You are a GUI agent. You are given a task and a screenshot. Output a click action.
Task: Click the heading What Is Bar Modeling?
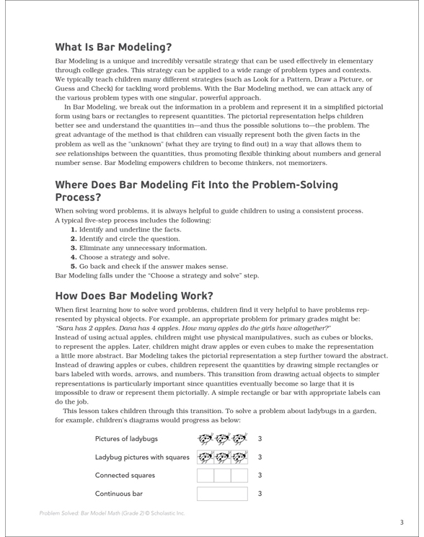113,48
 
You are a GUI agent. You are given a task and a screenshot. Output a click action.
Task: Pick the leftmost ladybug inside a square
205,457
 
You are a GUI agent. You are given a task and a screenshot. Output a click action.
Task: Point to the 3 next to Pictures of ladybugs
259,439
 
